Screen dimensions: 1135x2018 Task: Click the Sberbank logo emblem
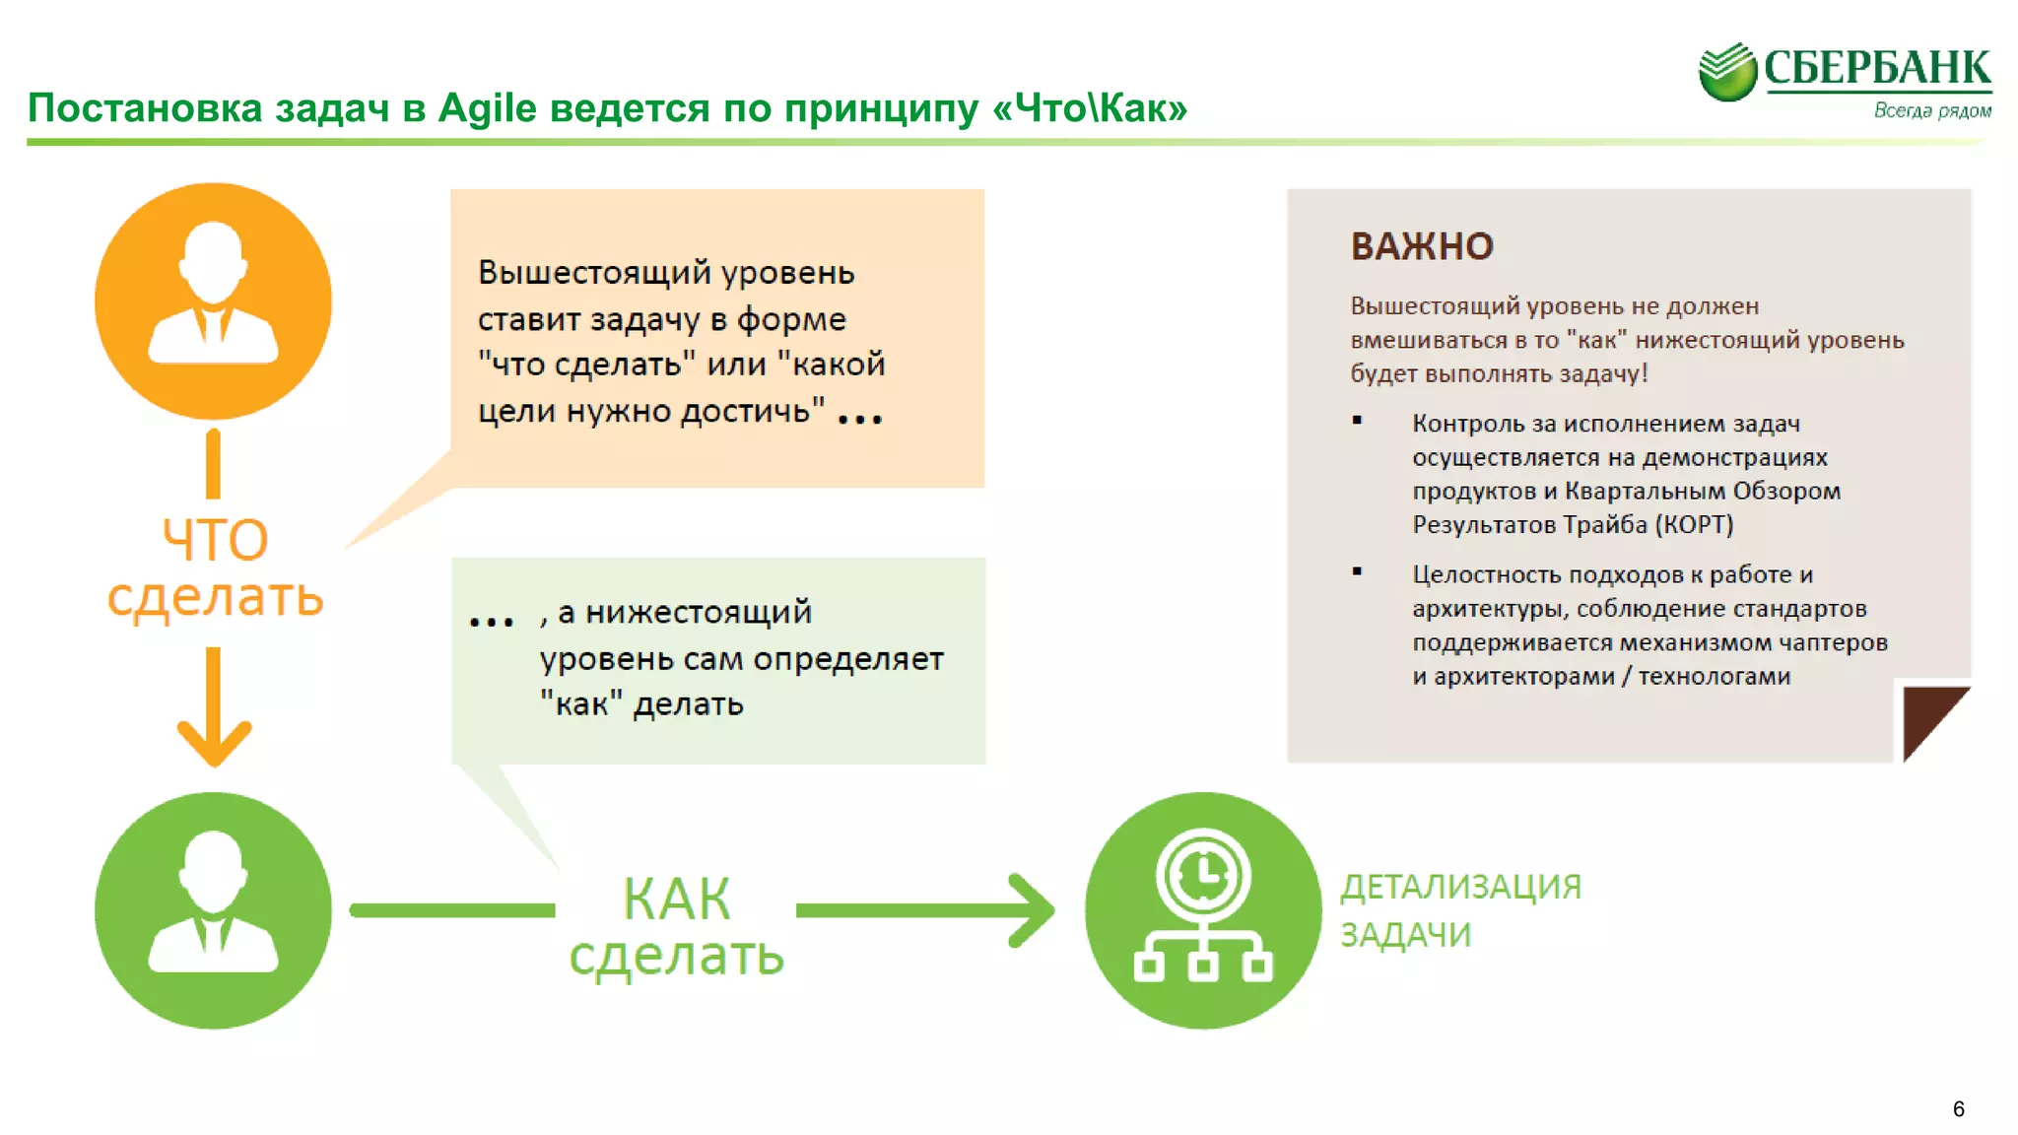click(1726, 72)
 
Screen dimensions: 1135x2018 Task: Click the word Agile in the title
click(487, 107)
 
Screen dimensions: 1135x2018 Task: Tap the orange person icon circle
click(213, 300)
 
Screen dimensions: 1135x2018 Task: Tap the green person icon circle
click(213, 909)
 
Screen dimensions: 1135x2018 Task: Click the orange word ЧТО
click(215, 540)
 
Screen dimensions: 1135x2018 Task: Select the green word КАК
click(676, 899)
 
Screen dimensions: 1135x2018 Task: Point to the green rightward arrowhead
click(1033, 910)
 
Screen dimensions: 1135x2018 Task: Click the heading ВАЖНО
click(1421, 246)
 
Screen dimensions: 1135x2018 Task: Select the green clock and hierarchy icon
click(1202, 909)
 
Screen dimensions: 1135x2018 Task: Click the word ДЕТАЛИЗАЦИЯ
click(1460, 887)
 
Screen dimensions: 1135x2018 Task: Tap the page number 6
click(1958, 1108)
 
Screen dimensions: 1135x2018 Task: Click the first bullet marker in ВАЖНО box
click(1357, 421)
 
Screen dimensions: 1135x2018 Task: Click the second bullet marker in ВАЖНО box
click(1357, 571)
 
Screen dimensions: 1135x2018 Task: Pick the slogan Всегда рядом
click(1931, 110)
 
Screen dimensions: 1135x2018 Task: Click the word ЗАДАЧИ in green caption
click(1405, 934)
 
